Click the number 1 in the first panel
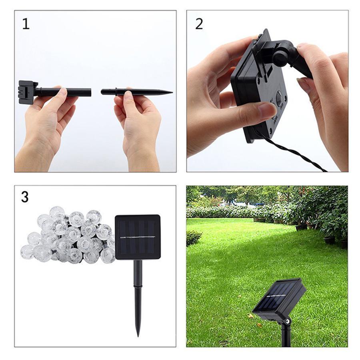click(26, 24)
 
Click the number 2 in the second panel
click(199, 24)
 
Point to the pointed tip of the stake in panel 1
click(171, 92)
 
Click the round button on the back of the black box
click(280, 98)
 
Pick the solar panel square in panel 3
click(138, 237)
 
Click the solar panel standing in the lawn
click(279, 298)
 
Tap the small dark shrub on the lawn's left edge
click(193, 238)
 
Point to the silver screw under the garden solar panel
click(287, 321)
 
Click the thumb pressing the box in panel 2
click(256, 110)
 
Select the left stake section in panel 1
click(64, 92)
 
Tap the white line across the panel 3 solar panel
click(138, 237)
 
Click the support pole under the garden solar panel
click(286, 336)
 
